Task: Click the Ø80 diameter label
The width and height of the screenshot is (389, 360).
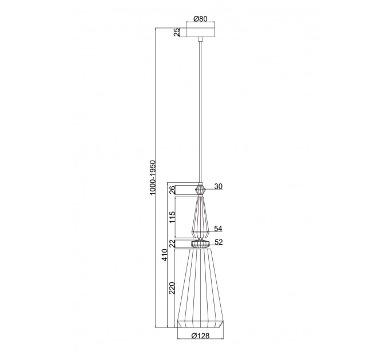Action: pos(200,19)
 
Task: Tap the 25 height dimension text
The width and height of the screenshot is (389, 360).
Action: pos(176,32)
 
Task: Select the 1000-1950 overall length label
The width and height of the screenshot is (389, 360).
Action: pos(152,177)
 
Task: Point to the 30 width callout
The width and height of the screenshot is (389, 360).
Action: pos(219,186)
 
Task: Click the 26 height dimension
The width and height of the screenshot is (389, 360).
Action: pos(172,190)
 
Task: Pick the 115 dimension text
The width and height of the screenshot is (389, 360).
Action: pos(172,217)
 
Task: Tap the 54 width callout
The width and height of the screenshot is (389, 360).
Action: pos(218,229)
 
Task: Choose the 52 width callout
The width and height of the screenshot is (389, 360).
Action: pos(219,242)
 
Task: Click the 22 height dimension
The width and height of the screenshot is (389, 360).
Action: pos(172,243)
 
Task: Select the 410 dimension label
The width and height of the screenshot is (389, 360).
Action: pos(165,255)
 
